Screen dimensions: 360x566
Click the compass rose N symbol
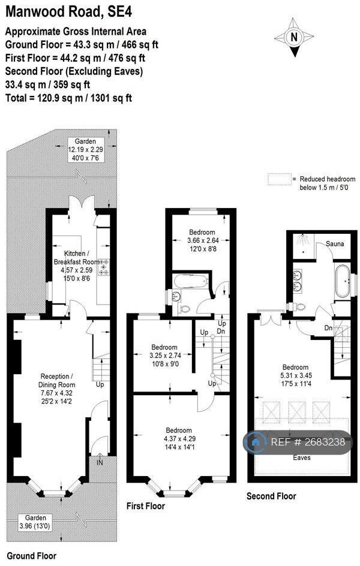coord(294,37)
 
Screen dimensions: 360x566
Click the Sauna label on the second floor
coord(335,243)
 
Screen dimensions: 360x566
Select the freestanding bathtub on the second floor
coord(343,281)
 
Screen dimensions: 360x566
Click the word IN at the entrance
coord(100,462)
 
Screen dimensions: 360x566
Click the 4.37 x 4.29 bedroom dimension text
coord(179,439)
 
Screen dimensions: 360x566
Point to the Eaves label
coord(302,457)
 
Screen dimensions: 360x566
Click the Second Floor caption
coord(271,496)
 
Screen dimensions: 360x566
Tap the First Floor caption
coord(146,506)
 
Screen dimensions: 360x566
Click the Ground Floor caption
coord(32,556)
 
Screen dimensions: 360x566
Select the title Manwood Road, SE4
coord(69,12)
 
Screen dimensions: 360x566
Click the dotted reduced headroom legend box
coord(279,179)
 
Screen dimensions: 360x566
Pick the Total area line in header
coord(68,98)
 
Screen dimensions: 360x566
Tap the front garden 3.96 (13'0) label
coord(36,522)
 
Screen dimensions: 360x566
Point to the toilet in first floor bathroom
coord(185,309)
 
